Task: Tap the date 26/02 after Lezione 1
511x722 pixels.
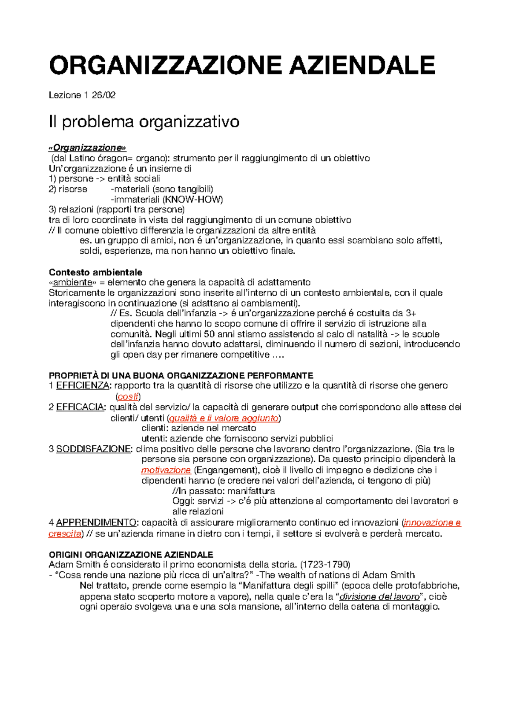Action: [x=103, y=95]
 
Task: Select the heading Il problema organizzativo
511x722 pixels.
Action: [x=144, y=122]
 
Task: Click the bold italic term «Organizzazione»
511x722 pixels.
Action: [x=87, y=147]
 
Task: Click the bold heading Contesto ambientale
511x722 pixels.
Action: [x=95, y=272]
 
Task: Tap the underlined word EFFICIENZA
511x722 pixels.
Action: [x=83, y=386]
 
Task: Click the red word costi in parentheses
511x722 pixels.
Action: [x=128, y=397]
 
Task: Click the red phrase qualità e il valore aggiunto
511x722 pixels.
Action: [x=224, y=418]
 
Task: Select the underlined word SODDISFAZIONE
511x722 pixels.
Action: [x=93, y=449]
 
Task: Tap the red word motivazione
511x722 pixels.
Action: [x=166, y=470]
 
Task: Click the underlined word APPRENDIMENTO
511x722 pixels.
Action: [x=96, y=522]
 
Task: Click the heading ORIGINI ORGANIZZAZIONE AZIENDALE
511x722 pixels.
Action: [x=131, y=555]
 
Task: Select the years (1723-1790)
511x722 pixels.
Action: [x=325, y=564]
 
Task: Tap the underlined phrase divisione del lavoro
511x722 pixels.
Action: [x=379, y=596]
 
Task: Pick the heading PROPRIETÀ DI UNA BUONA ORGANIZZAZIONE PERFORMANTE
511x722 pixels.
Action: [x=181, y=375]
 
